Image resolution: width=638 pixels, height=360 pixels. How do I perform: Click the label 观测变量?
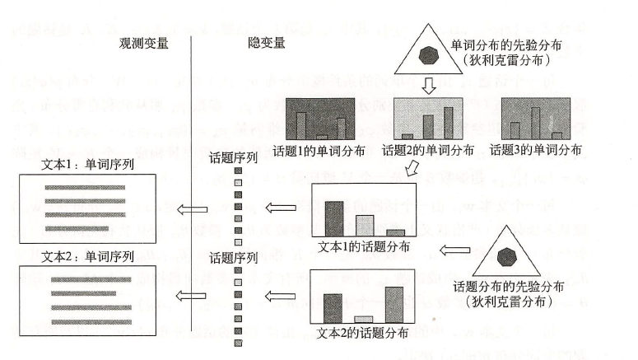(142, 44)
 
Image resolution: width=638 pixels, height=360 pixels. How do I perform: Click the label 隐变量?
(267, 44)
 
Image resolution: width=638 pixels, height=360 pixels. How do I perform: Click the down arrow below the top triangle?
(427, 85)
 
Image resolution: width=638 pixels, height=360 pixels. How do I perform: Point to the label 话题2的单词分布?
(428, 151)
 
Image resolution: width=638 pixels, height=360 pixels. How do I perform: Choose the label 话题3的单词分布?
(536, 151)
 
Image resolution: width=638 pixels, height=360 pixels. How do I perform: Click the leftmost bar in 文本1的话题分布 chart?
(333, 218)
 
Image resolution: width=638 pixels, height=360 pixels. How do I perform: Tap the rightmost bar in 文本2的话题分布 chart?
(394, 303)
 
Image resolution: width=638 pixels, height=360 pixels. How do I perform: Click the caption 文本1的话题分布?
(362, 246)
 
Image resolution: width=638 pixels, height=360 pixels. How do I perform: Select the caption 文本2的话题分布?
(362, 333)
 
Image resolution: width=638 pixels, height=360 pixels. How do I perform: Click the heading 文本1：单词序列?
(88, 163)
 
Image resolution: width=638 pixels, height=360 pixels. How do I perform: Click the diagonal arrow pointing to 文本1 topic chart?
(415, 169)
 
